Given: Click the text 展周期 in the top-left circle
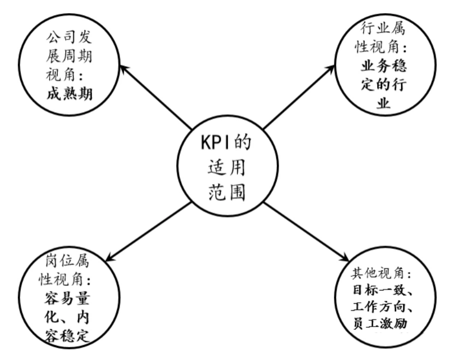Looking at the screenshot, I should tap(69, 56).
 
